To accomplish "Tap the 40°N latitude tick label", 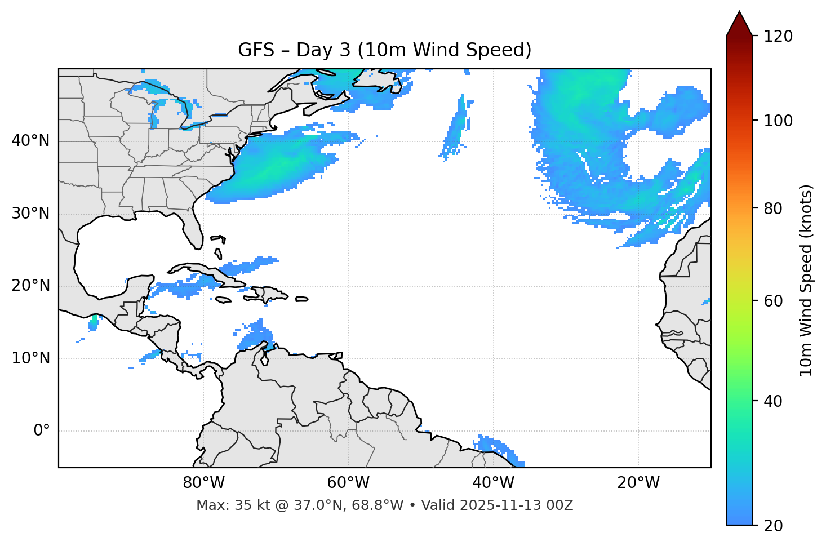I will [x=30, y=141].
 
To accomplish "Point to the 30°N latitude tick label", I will [x=30, y=214].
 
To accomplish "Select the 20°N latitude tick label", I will [x=30, y=286].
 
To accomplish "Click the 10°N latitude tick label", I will [x=30, y=358].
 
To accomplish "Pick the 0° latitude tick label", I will [x=41, y=431].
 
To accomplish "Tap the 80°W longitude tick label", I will [x=203, y=483].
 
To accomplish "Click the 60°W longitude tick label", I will [x=348, y=483].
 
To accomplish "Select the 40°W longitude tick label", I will [x=493, y=483].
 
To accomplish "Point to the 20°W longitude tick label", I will [x=638, y=483].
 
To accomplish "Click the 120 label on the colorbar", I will [x=778, y=37].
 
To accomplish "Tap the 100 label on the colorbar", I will [x=778, y=121].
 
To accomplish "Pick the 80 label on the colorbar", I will [x=774, y=208].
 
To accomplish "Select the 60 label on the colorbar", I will [x=774, y=301].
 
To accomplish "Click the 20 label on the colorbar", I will [x=774, y=526].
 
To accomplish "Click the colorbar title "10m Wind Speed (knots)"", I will [x=806, y=280].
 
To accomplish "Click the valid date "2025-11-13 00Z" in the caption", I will [x=516, y=505].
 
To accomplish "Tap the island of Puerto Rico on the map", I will [x=301, y=299].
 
